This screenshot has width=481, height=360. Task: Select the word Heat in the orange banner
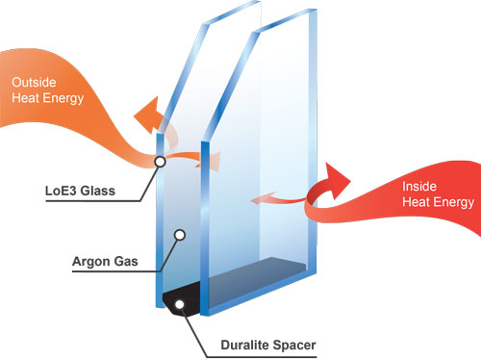28,97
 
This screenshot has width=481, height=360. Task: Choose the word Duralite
230,343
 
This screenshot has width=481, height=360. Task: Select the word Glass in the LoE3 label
97,192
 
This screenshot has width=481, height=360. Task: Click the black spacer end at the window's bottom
183,299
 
